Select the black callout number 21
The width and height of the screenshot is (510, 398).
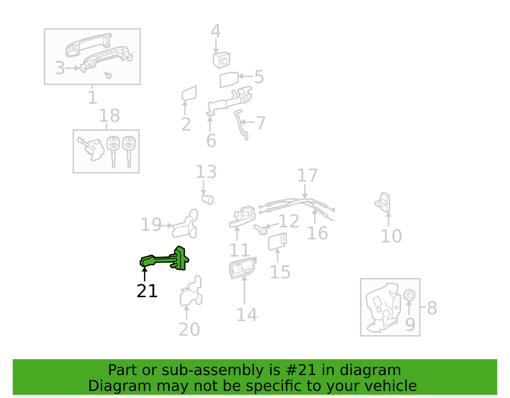(147, 291)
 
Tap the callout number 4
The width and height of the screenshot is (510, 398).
(215, 31)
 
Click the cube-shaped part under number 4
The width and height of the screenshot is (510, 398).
(221, 60)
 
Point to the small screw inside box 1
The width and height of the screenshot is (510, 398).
(108, 75)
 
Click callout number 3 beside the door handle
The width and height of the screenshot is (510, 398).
(59, 68)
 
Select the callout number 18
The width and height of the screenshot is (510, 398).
(109, 116)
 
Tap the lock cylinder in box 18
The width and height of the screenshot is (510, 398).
(91, 149)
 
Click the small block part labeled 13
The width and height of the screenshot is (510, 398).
(208, 199)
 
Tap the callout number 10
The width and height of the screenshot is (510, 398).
(391, 236)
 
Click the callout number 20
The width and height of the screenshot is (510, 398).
(189, 329)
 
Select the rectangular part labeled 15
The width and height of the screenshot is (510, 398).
(278, 241)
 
